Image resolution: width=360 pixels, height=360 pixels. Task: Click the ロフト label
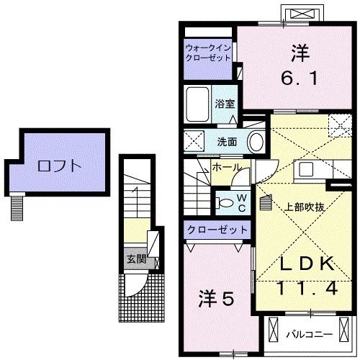click(60, 165)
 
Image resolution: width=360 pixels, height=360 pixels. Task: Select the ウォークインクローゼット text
click(207, 53)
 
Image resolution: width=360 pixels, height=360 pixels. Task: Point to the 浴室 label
click(224, 104)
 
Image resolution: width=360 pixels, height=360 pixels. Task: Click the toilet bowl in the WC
click(226, 203)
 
